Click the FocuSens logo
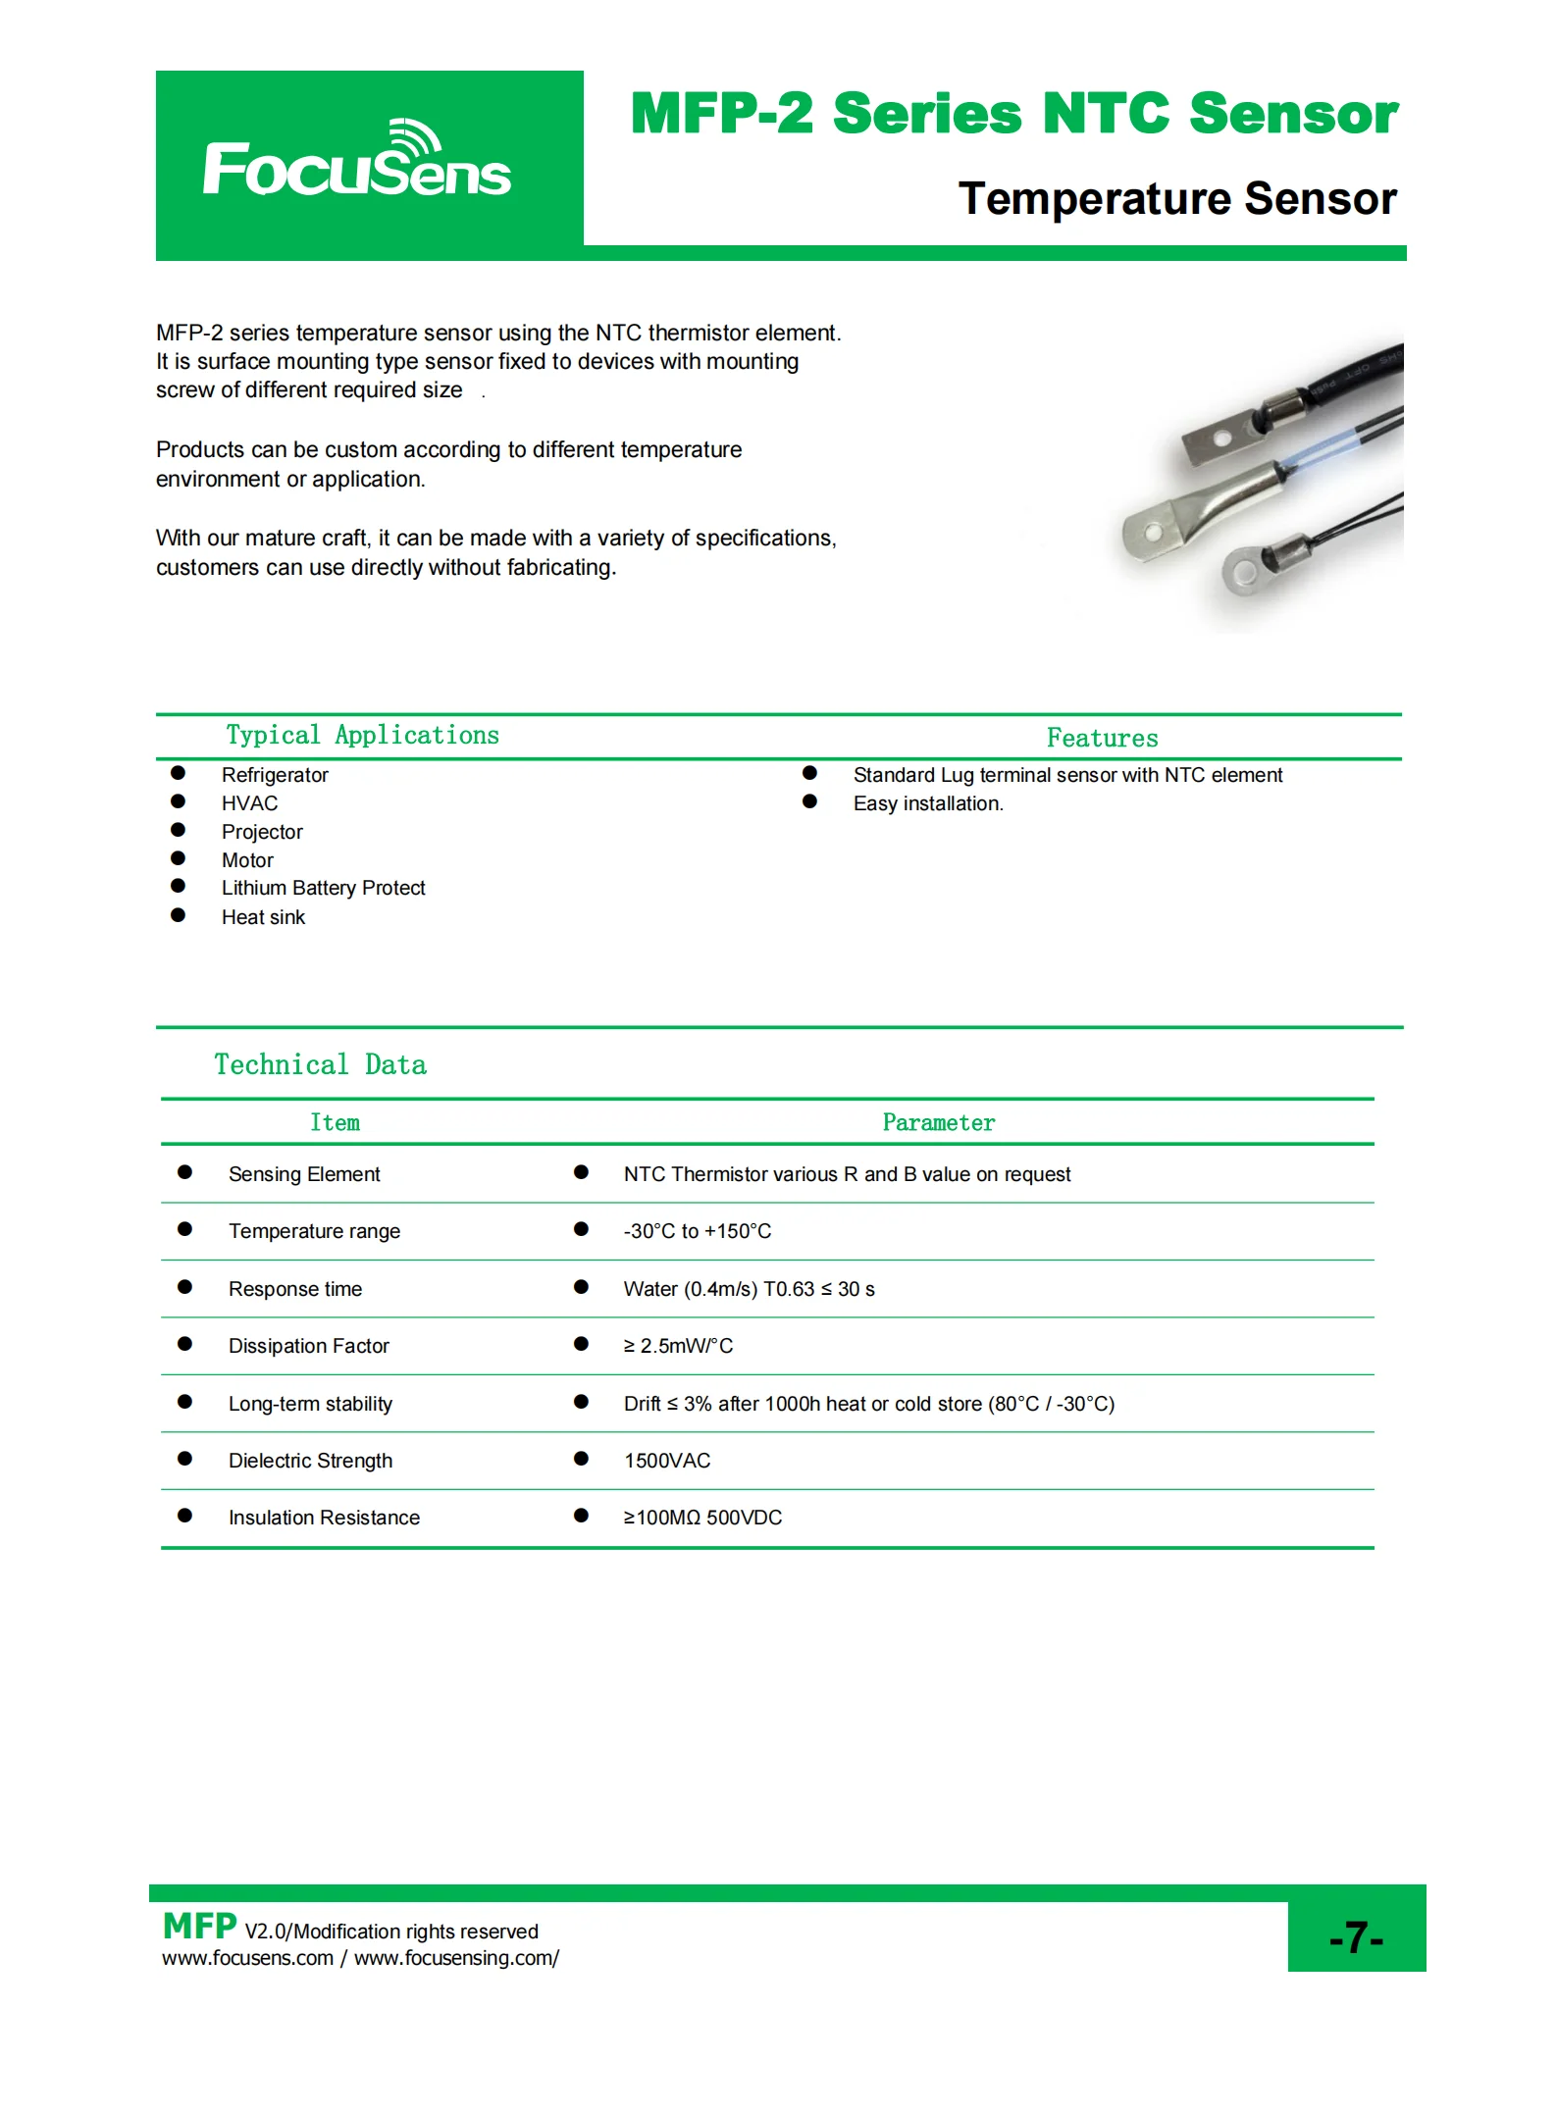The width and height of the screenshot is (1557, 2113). (x=357, y=162)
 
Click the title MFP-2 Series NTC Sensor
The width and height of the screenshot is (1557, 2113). (x=1013, y=114)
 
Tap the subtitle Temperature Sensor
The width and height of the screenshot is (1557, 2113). (x=1176, y=199)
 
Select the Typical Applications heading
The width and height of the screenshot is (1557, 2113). (x=362, y=736)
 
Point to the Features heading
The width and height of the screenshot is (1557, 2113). (x=1102, y=739)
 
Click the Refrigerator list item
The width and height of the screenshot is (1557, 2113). (x=275, y=775)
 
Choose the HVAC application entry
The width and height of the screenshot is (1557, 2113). (x=249, y=803)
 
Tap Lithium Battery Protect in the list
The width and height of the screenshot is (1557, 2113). (x=323, y=889)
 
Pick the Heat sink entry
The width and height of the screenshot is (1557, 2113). (x=263, y=917)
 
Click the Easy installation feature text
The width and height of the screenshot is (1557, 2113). (x=928, y=803)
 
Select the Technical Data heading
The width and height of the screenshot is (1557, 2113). (x=320, y=1065)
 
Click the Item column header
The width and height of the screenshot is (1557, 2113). (x=335, y=1123)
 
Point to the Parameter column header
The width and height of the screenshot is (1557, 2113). (x=938, y=1123)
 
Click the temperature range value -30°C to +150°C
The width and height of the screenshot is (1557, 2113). (x=698, y=1231)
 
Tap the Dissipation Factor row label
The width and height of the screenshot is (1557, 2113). (x=308, y=1346)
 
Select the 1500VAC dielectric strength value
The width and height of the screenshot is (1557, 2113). (x=667, y=1461)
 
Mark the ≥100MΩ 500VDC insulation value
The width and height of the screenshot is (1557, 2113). (x=702, y=1518)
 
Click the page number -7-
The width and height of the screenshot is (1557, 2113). (x=1356, y=1937)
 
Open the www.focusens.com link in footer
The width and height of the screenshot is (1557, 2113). (x=247, y=1958)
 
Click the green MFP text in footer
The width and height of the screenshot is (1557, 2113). (x=199, y=1927)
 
